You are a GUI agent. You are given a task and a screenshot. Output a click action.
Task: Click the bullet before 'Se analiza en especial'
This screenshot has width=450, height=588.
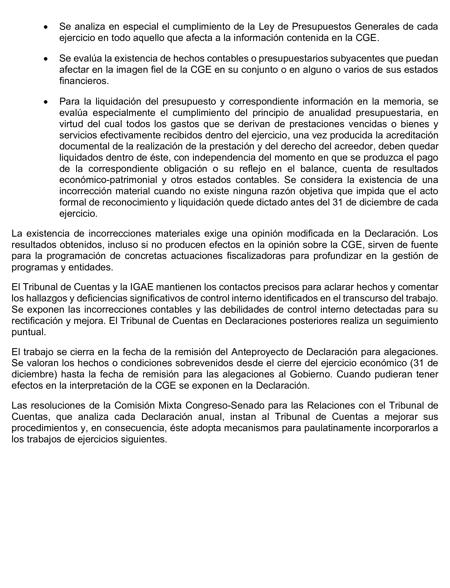tap(46, 27)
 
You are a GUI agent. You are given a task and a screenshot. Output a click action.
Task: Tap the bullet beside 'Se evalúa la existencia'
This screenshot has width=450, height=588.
tap(46, 59)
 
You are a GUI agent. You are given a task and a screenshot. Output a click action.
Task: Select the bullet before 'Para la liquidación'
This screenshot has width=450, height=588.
tap(46, 102)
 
